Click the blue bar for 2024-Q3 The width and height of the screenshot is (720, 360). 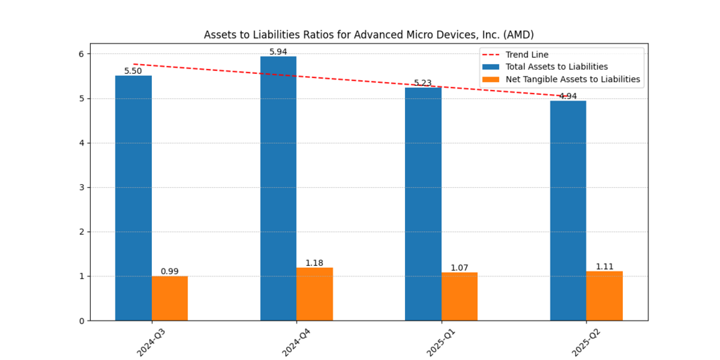(x=134, y=198)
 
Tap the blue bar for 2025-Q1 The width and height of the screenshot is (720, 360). (x=423, y=204)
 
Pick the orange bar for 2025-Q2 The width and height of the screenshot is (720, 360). (x=604, y=295)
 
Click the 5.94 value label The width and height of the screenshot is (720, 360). (x=278, y=52)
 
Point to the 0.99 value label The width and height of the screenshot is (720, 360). (x=169, y=271)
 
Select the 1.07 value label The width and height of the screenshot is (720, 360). (x=459, y=268)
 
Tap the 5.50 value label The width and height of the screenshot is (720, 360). (x=133, y=71)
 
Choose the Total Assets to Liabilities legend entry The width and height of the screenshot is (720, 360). (x=556, y=67)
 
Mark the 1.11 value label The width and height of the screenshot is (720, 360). (x=605, y=266)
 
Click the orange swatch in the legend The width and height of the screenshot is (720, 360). (x=490, y=79)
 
